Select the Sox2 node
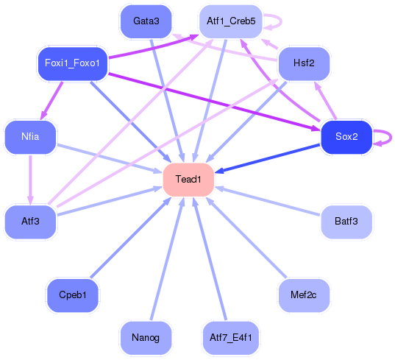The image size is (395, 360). (x=346, y=137)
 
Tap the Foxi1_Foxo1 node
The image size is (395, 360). (x=73, y=63)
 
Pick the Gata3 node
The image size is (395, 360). (x=146, y=21)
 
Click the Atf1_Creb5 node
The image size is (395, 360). (x=230, y=21)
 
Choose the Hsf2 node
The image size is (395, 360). (x=304, y=63)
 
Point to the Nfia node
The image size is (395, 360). (x=30, y=137)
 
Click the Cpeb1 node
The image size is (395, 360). (x=73, y=295)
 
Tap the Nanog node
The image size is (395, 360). (x=146, y=338)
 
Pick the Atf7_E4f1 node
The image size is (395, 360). (x=230, y=338)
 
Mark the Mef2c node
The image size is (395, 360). (x=304, y=295)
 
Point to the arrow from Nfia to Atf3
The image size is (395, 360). (x=30, y=180)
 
